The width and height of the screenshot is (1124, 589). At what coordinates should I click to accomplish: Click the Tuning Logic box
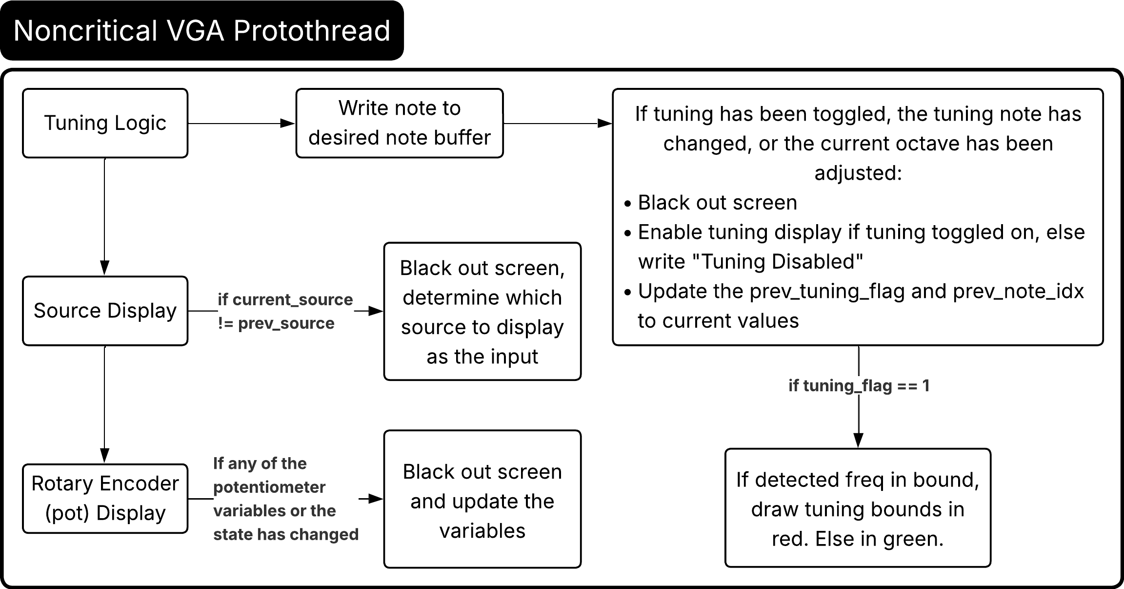(105, 123)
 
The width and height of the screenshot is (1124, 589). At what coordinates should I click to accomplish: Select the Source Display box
(105, 311)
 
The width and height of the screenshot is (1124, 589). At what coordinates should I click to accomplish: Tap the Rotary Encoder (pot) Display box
(105, 498)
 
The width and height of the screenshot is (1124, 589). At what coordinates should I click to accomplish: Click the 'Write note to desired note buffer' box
(399, 123)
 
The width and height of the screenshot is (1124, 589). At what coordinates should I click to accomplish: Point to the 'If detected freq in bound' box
(858, 508)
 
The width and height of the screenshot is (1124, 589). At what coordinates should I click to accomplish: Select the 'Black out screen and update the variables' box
(482, 499)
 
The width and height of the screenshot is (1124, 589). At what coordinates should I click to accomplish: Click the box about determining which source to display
(482, 312)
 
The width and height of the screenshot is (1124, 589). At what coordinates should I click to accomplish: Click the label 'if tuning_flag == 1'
(859, 386)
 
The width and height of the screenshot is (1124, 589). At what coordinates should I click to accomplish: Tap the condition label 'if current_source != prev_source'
(284, 311)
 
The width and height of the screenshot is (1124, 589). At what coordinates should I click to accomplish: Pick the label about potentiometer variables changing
(285, 499)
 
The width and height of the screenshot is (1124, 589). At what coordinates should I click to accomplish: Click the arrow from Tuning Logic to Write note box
(241, 124)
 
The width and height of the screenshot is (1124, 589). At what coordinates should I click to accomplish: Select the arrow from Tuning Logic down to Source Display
(104, 215)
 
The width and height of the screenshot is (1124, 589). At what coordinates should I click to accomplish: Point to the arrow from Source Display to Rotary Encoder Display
(104, 403)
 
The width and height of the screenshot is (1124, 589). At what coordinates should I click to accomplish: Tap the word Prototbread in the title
(311, 31)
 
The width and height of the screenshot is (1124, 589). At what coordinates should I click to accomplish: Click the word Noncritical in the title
(85, 31)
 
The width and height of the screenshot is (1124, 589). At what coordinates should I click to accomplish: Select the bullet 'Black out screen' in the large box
(717, 203)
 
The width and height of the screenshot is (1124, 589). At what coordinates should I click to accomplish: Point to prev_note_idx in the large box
(1018, 292)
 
